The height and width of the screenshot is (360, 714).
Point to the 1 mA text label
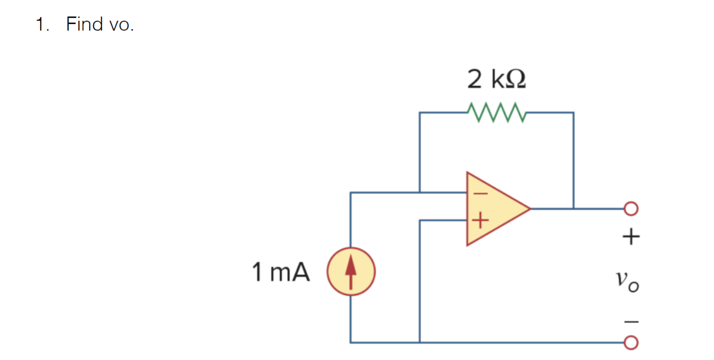[x=281, y=272]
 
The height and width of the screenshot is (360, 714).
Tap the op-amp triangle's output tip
[x=530, y=208]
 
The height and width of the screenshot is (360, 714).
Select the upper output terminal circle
[x=631, y=208]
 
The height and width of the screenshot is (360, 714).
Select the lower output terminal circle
[x=631, y=343]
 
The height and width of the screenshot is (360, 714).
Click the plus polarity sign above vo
[x=631, y=236]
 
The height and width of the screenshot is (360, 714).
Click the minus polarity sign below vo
[x=631, y=322]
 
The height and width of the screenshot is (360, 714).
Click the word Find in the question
[x=85, y=24]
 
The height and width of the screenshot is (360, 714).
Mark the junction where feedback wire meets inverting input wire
[x=420, y=192]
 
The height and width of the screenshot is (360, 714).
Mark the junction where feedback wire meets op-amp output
[x=573, y=208]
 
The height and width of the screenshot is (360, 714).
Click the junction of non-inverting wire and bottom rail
[x=420, y=343]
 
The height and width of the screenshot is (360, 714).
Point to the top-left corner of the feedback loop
[x=420, y=113]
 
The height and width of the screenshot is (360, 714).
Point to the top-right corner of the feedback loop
[x=573, y=113]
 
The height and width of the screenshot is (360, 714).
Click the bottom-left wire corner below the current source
[x=351, y=343]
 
